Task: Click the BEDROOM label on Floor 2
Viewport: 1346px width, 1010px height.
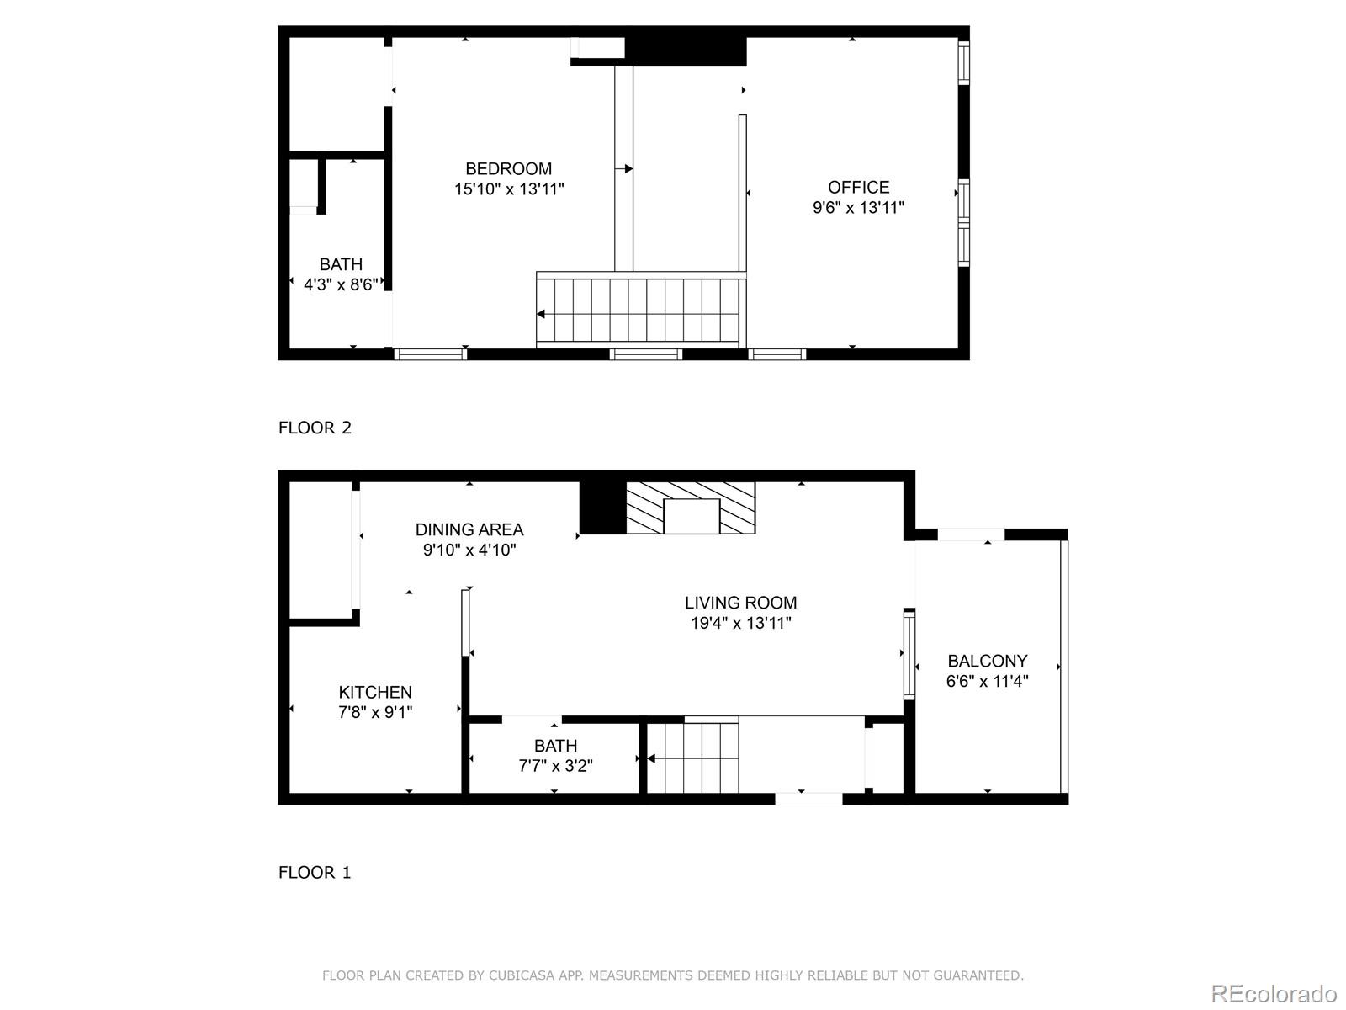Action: [x=509, y=168]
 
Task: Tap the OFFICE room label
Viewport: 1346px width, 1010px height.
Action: [x=858, y=187]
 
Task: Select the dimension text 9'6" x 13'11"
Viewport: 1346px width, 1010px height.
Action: [x=858, y=208]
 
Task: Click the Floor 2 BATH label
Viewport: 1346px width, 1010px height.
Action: [x=341, y=264]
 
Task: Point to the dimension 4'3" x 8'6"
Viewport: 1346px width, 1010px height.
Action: [x=341, y=285]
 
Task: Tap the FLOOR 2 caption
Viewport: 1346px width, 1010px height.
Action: [x=315, y=428]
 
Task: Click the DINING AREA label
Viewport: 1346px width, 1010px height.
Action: [x=469, y=529]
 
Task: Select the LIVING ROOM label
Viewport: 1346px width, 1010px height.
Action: [x=740, y=603]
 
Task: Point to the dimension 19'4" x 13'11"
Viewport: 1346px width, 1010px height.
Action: [x=740, y=624]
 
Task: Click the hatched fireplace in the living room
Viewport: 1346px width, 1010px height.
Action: [x=691, y=508]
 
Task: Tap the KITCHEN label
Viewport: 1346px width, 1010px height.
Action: [x=375, y=692]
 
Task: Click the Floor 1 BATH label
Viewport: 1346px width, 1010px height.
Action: [x=555, y=746]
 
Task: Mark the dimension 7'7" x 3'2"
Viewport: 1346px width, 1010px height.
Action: [x=555, y=766]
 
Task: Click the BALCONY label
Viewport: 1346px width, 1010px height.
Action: [x=987, y=661]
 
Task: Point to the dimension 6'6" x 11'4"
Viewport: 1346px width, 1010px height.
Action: [x=987, y=682]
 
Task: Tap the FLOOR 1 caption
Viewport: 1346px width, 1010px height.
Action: [x=315, y=873]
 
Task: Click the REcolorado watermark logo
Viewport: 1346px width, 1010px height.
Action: [x=1274, y=993]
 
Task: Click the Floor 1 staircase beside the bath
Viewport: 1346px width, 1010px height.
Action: [x=693, y=757]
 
